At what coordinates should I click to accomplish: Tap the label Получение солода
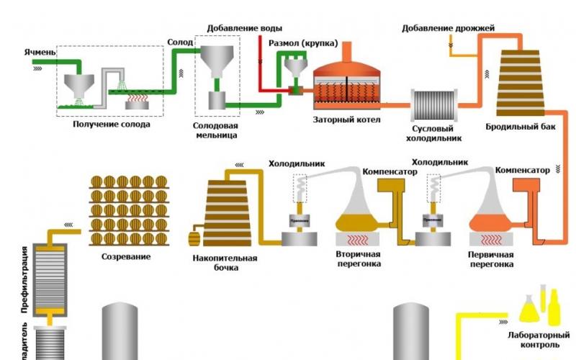112,124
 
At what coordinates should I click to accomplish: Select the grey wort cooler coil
434,105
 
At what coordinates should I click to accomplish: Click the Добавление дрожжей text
456,28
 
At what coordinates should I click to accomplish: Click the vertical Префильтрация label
24,276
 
